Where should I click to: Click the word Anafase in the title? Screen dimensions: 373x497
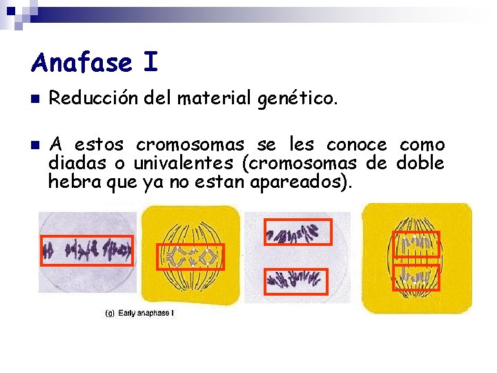pos(81,63)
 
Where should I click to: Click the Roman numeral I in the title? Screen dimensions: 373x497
pos(150,63)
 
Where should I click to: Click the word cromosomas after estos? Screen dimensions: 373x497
pos(190,145)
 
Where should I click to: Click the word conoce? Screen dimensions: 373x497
pos(356,145)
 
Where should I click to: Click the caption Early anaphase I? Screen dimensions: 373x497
pos(146,313)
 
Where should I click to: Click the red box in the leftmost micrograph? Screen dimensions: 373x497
pos(86,250)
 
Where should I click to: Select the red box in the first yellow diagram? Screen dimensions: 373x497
pos(191,256)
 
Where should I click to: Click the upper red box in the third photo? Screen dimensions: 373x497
pos(298,232)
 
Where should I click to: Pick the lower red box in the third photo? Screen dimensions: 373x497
pos(296,281)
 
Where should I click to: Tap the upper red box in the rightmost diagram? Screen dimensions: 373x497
pos(416,243)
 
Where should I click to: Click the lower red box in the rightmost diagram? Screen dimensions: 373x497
pos(416,277)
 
